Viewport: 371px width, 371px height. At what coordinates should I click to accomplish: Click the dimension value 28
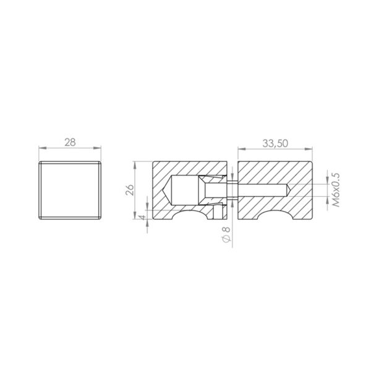[x=70, y=142]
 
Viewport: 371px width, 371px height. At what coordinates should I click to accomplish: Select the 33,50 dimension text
[x=275, y=143]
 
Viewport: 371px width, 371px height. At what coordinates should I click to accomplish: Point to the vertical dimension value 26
[x=130, y=190]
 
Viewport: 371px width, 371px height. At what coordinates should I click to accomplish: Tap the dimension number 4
[x=143, y=217]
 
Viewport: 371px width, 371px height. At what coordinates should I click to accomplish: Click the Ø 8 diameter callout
[x=226, y=234]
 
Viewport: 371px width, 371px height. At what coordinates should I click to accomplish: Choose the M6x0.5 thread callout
[x=336, y=190]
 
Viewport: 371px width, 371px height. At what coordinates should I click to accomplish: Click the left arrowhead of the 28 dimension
[x=42, y=148]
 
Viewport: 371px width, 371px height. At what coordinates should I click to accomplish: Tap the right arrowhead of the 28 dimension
[x=97, y=148]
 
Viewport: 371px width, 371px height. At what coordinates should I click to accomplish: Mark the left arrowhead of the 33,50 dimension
[x=242, y=149]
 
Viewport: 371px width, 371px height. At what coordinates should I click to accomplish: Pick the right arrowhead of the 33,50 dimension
[x=309, y=149]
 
